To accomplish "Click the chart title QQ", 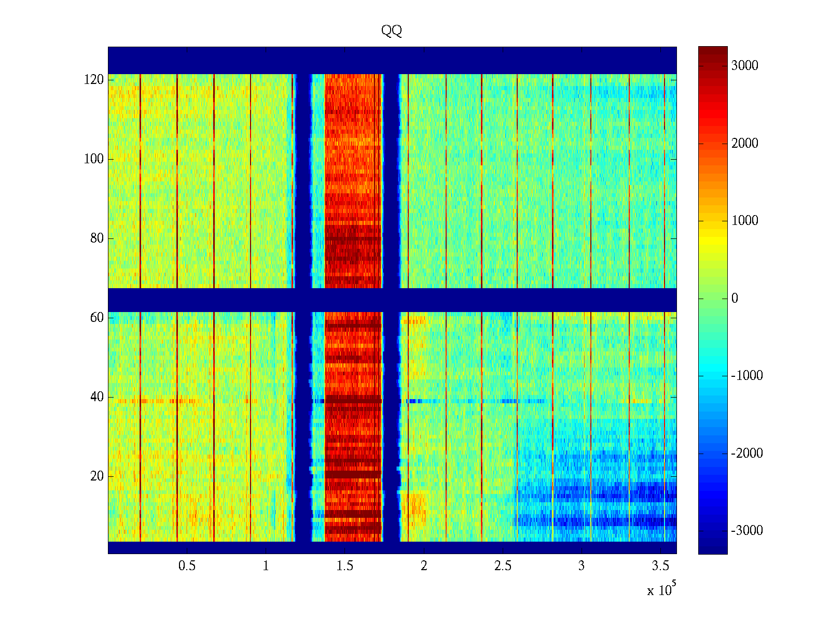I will pos(391,31).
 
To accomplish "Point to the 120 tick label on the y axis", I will pos(93,80).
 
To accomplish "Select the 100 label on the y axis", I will pos(93,159).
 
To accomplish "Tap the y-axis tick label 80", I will pos(96,238).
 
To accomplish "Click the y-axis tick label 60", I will pos(96,318).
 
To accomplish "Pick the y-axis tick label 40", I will pos(96,397).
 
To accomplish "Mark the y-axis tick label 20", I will pos(96,476).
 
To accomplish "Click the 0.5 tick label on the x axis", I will pos(187,566).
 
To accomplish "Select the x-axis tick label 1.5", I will pos(345,566).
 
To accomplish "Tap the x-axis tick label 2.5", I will pos(503,566).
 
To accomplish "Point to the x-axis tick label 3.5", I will pos(660,566).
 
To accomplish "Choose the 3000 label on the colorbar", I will pos(744,66).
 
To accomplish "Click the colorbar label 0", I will pos(734,299).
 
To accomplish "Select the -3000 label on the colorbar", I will pos(746,531).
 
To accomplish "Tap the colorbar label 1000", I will pos(744,221).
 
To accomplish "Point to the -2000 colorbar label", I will pos(746,454).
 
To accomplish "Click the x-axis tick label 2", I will pos(424,566).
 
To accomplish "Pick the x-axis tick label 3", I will pos(582,566).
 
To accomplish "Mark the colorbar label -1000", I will pos(746,376).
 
